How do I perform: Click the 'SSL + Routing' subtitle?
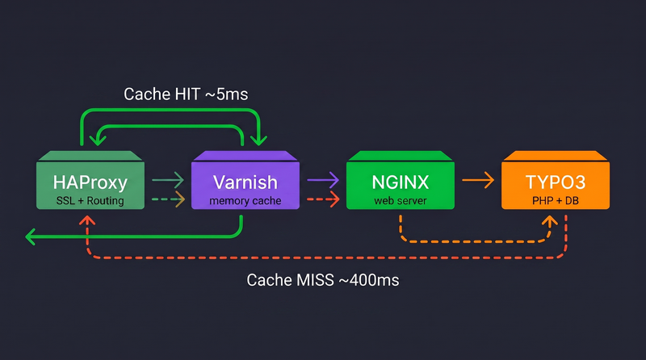point(90,200)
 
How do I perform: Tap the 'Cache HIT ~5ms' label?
point(186,94)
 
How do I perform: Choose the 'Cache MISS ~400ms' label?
point(323,280)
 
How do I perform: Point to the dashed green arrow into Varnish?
point(168,199)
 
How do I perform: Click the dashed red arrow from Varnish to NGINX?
point(323,199)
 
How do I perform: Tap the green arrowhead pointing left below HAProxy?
point(31,237)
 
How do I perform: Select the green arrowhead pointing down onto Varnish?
point(258,140)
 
